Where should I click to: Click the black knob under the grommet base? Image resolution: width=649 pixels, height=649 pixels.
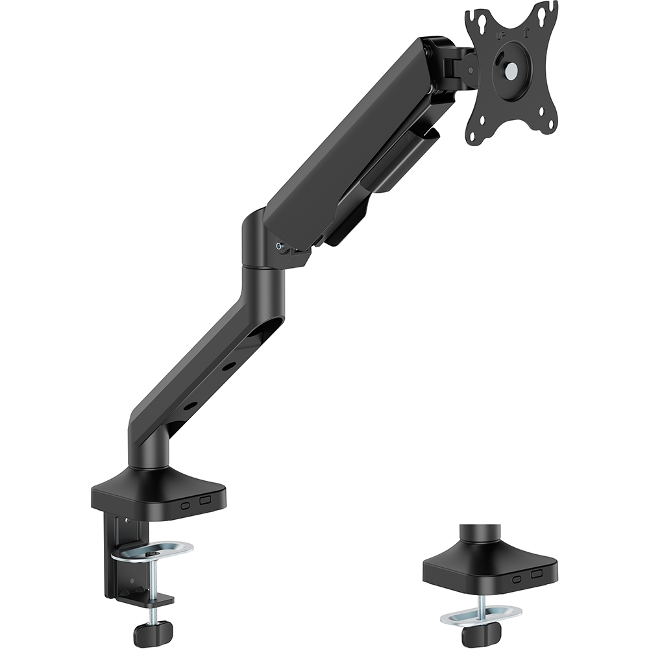476,635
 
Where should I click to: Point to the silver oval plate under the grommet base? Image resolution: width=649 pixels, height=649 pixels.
481,611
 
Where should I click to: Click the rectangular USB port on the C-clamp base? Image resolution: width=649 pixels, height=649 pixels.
206,501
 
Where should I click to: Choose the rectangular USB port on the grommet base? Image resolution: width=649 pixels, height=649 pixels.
535,574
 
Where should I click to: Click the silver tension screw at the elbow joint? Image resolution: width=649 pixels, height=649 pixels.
279,247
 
